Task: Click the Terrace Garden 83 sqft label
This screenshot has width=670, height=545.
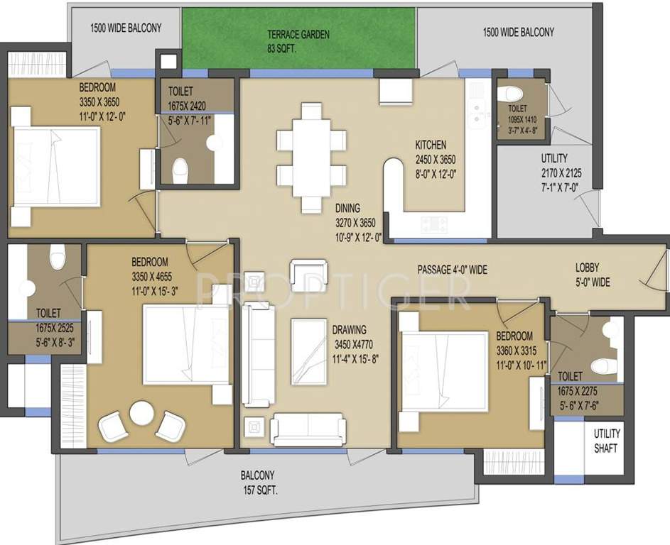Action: click(298, 41)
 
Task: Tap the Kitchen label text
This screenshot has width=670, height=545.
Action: click(431, 157)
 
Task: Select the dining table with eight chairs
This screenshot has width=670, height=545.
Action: click(311, 158)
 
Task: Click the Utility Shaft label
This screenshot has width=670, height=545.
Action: click(607, 441)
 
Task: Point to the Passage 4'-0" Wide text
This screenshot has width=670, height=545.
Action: click(452, 270)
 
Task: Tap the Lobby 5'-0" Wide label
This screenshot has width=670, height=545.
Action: click(593, 275)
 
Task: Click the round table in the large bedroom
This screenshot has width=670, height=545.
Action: click(141, 413)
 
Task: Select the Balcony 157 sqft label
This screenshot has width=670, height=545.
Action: click(257, 483)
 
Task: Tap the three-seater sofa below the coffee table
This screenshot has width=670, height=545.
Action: click(309, 427)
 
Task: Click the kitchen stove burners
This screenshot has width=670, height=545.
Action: click(434, 225)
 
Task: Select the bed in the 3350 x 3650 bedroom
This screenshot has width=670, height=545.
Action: click(57, 167)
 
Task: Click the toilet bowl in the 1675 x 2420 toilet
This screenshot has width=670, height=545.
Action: click(180, 169)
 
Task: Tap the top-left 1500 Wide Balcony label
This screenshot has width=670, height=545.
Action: click(126, 28)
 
